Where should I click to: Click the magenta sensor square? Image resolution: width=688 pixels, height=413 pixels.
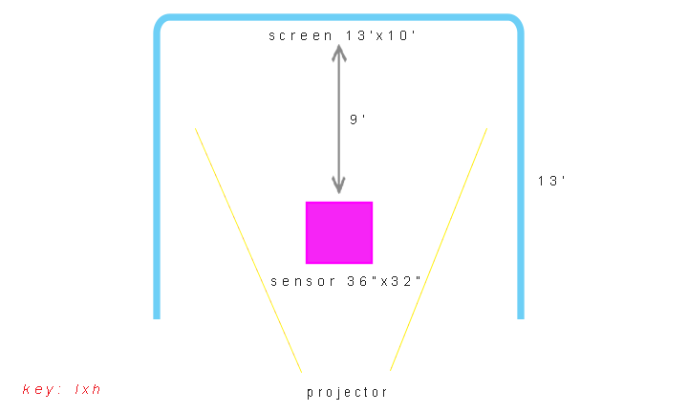point(339,232)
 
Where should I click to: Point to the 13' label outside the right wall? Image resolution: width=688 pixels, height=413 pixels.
point(552,180)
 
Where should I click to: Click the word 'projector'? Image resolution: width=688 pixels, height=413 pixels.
point(347,392)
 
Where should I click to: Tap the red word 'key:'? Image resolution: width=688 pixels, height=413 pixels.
point(43,389)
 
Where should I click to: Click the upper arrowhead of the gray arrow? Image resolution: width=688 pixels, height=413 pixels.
point(338,53)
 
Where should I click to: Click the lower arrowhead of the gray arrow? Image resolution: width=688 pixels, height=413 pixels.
point(338,185)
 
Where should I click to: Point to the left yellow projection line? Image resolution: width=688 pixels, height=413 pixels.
point(248,249)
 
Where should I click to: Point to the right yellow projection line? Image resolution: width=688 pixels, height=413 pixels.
point(440,249)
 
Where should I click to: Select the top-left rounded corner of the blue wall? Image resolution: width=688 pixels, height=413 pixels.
point(161,22)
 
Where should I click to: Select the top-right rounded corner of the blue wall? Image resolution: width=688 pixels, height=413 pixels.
point(515,22)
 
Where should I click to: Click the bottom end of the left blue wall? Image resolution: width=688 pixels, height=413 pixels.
point(157,315)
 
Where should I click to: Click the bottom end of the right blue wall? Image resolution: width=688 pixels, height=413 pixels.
point(521,315)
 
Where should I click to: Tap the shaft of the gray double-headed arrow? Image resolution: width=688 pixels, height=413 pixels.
point(338,120)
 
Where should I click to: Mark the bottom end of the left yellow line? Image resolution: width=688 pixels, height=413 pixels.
point(301,371)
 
